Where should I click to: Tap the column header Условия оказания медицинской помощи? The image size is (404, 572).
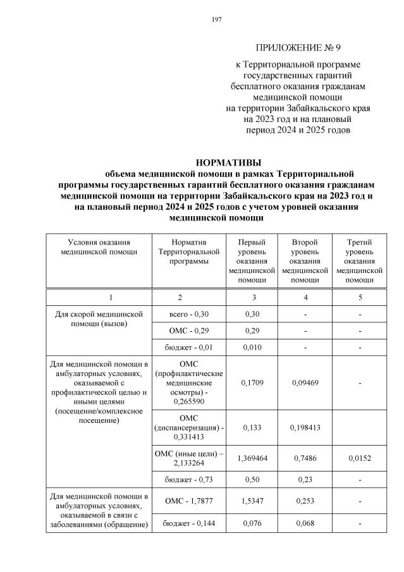pyautogui.click(x=99, y=246)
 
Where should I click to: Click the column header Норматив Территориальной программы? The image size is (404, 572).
pyautogui.click(x=188, y=252)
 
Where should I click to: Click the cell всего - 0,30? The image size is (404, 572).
pyautogui.click(x=188, y=314)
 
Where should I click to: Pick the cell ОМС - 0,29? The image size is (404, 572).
pyautogui.click(x=188, y=330)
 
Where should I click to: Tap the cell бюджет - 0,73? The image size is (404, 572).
pyautogui.click(x=188, y=481)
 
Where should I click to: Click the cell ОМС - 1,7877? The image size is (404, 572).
pyautogui.click(x=188, y=501)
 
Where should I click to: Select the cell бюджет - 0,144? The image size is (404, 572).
pyautogui.click(x=188, y=523)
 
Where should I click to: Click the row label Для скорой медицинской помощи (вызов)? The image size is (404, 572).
pyautogui.click(x=99, y=319)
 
